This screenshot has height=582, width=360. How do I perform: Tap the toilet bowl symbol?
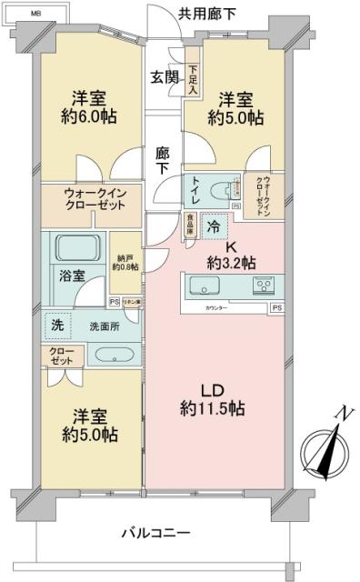coord(218,191)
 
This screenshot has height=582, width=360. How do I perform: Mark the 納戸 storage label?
coord(125,261)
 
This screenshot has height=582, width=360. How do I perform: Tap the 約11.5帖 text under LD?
coord(211,410)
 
